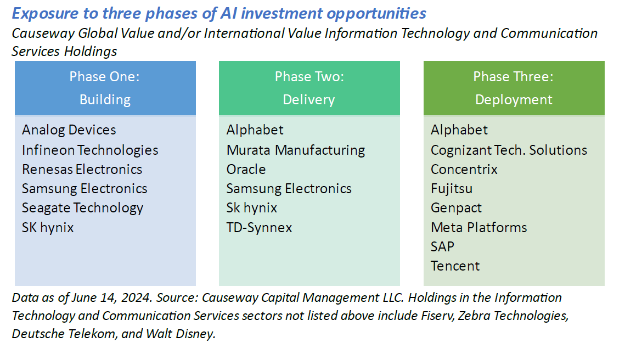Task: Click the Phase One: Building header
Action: point(105,88)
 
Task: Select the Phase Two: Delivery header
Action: point(309,88)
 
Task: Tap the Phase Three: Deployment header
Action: point(514,88)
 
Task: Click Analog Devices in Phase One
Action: point(69,130)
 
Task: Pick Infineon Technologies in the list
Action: point(90,150)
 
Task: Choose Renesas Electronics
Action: point(82,169)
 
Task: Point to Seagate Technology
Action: point(82,208)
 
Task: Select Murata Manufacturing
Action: point(296,150)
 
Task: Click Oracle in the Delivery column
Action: point(246,169)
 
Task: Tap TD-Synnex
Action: point(260,227)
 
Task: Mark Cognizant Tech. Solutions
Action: point(509,150)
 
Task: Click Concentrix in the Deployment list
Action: point(464,169)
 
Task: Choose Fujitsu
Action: point(452,189)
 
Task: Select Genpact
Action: point(457,208)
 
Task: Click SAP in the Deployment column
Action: point(442,246)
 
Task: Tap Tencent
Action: point(455,266)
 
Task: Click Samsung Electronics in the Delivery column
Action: point(289,189)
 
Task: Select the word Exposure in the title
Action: point(40,13)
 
